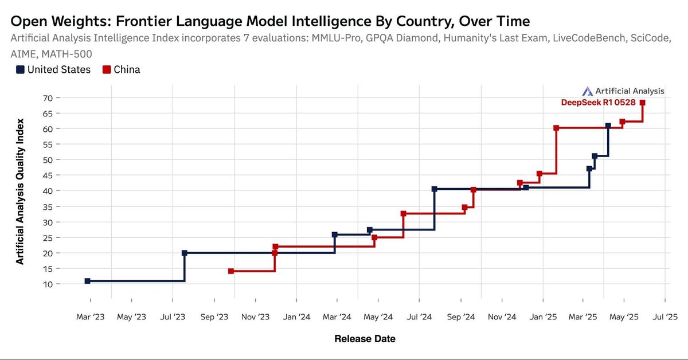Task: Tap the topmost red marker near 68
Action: [x=643, y=103]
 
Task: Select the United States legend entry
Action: [x=53, y=69]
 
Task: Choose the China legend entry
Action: [x=121, y=69]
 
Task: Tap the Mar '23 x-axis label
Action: [x=91, y=316]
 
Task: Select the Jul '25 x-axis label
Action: [x=665, y=316]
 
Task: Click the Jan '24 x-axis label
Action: [x=296, y=316]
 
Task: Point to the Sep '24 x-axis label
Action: [x=461, y=316]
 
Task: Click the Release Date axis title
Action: [x=365, y=339]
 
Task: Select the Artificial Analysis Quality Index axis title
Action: [x=20, y=191]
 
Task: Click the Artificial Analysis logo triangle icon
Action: [x=587, y=91]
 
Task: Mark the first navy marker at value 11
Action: [x=87, y=281]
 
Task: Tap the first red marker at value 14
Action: [x=231, y=271]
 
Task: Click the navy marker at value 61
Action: [x=608, y=126]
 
